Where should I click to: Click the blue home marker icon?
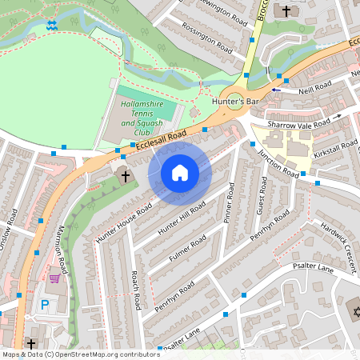[180, 173]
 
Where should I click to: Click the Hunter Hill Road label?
[182, 218]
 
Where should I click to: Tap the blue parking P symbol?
[45, 304]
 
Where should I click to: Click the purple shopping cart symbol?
[55, 278]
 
